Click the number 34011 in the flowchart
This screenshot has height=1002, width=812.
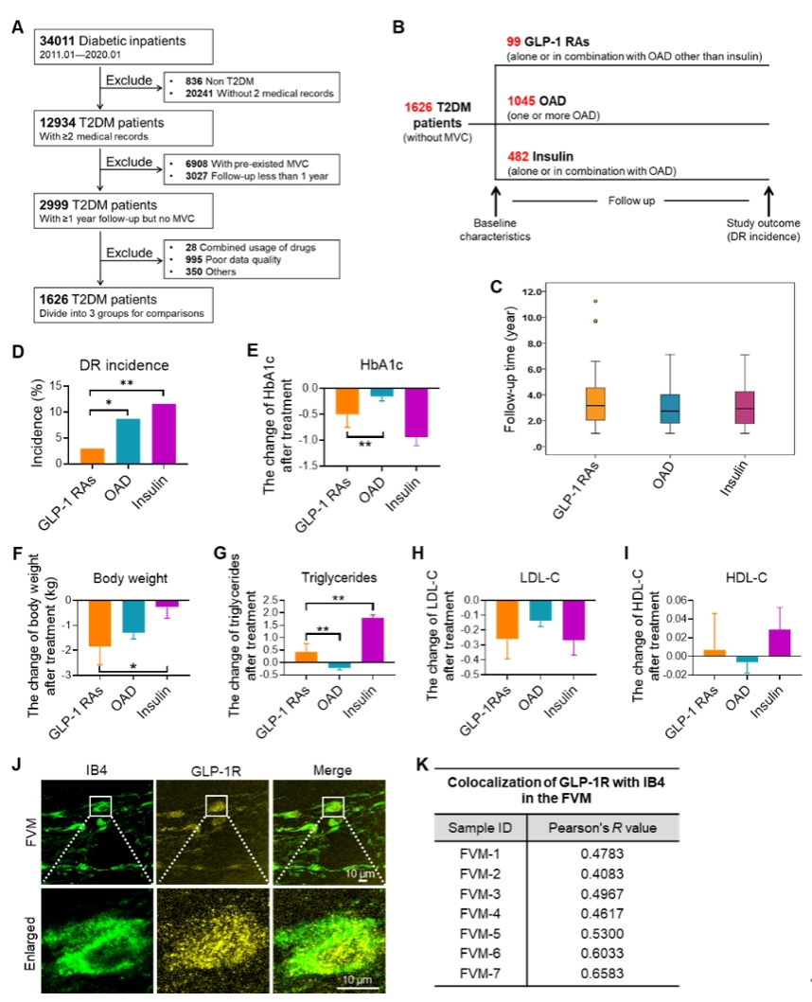pyautogui.click(x=58, y=43)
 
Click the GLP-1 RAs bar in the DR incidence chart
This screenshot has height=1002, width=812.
pyautogui.click(x=92, y=455)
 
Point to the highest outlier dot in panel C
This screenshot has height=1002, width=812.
pyautogui.click(x=570, y=301)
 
